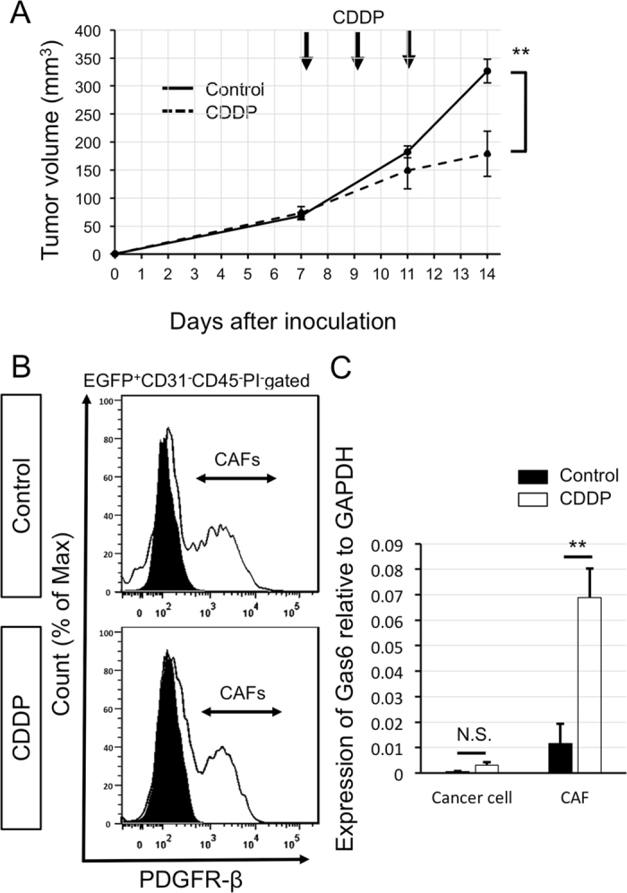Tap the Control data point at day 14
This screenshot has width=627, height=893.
click(x=486, y=71)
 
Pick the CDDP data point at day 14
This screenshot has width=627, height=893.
click(x=486, y=154)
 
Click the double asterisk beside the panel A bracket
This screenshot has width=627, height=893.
click(x=520, y=53)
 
